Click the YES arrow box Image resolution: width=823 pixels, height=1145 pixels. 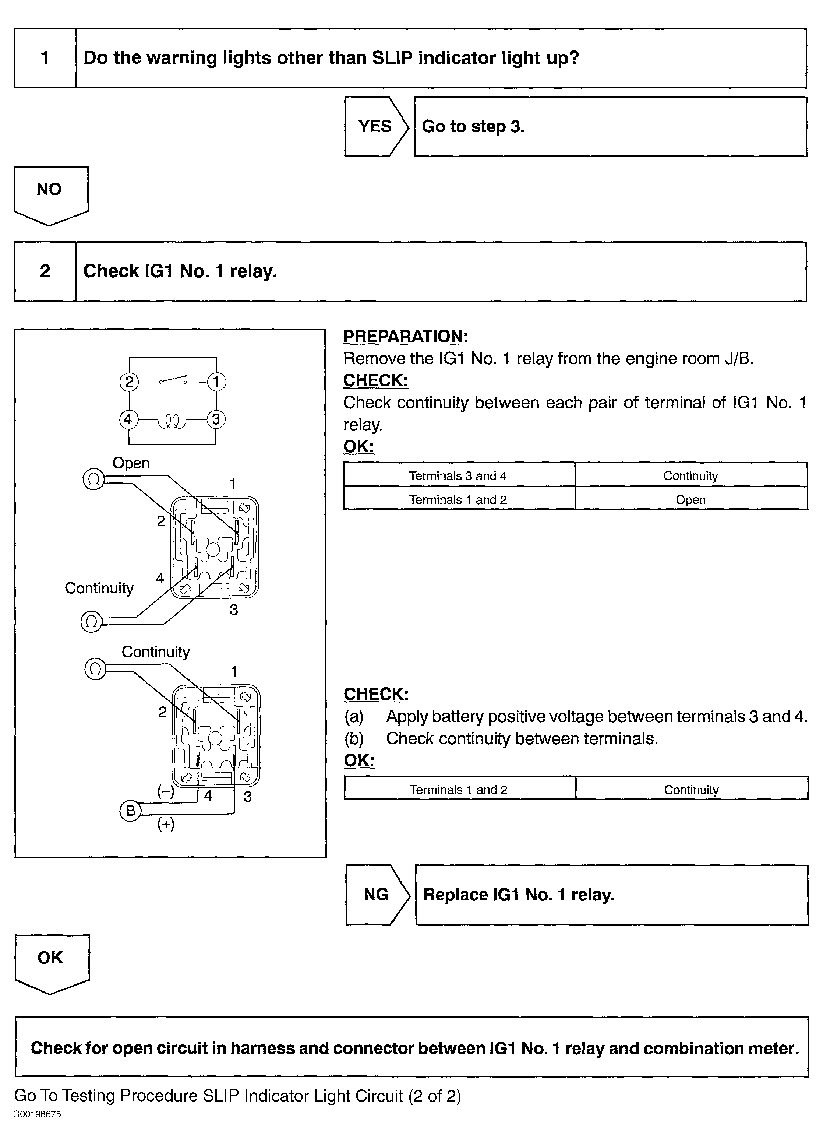click(375, 126)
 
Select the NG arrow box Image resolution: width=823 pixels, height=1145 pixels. click(377, 895)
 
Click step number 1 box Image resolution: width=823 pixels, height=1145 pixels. click(45, 58)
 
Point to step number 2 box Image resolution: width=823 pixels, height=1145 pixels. click(45, 271)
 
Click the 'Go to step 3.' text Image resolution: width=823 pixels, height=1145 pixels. click(473, 126)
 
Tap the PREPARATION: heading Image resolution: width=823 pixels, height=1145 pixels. click(406, 336)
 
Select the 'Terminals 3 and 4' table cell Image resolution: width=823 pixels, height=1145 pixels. click(458, 475)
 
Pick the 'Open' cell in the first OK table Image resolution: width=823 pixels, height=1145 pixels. click(690, 500)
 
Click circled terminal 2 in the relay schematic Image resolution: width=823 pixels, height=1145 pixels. click(129, 382)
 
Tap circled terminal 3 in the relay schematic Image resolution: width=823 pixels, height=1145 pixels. click(216, 419)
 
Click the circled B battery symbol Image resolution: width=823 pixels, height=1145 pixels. click(130, 811)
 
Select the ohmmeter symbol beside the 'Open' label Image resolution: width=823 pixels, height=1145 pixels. click(93, 479)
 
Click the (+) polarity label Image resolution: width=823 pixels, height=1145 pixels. click(166, 824)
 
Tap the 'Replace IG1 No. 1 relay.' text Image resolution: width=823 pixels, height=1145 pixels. click(518, 895)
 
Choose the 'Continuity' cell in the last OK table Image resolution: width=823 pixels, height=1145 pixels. click(691, 790)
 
